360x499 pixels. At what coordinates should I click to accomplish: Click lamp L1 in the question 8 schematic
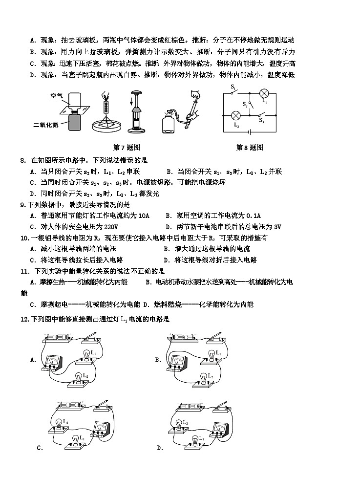264,93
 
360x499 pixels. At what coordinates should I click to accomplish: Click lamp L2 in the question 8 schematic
235,115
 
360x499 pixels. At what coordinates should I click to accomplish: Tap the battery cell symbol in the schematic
251,131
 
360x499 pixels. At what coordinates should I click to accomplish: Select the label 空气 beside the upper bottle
57,95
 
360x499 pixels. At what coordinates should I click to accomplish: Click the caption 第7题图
127,148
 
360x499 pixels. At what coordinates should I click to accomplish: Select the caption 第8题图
250,148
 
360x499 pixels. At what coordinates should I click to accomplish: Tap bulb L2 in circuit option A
78,379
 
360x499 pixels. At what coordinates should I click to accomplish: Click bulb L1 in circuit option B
212,355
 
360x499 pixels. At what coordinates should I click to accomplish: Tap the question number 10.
25,238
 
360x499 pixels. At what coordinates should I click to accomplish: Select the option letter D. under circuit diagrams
160,448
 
